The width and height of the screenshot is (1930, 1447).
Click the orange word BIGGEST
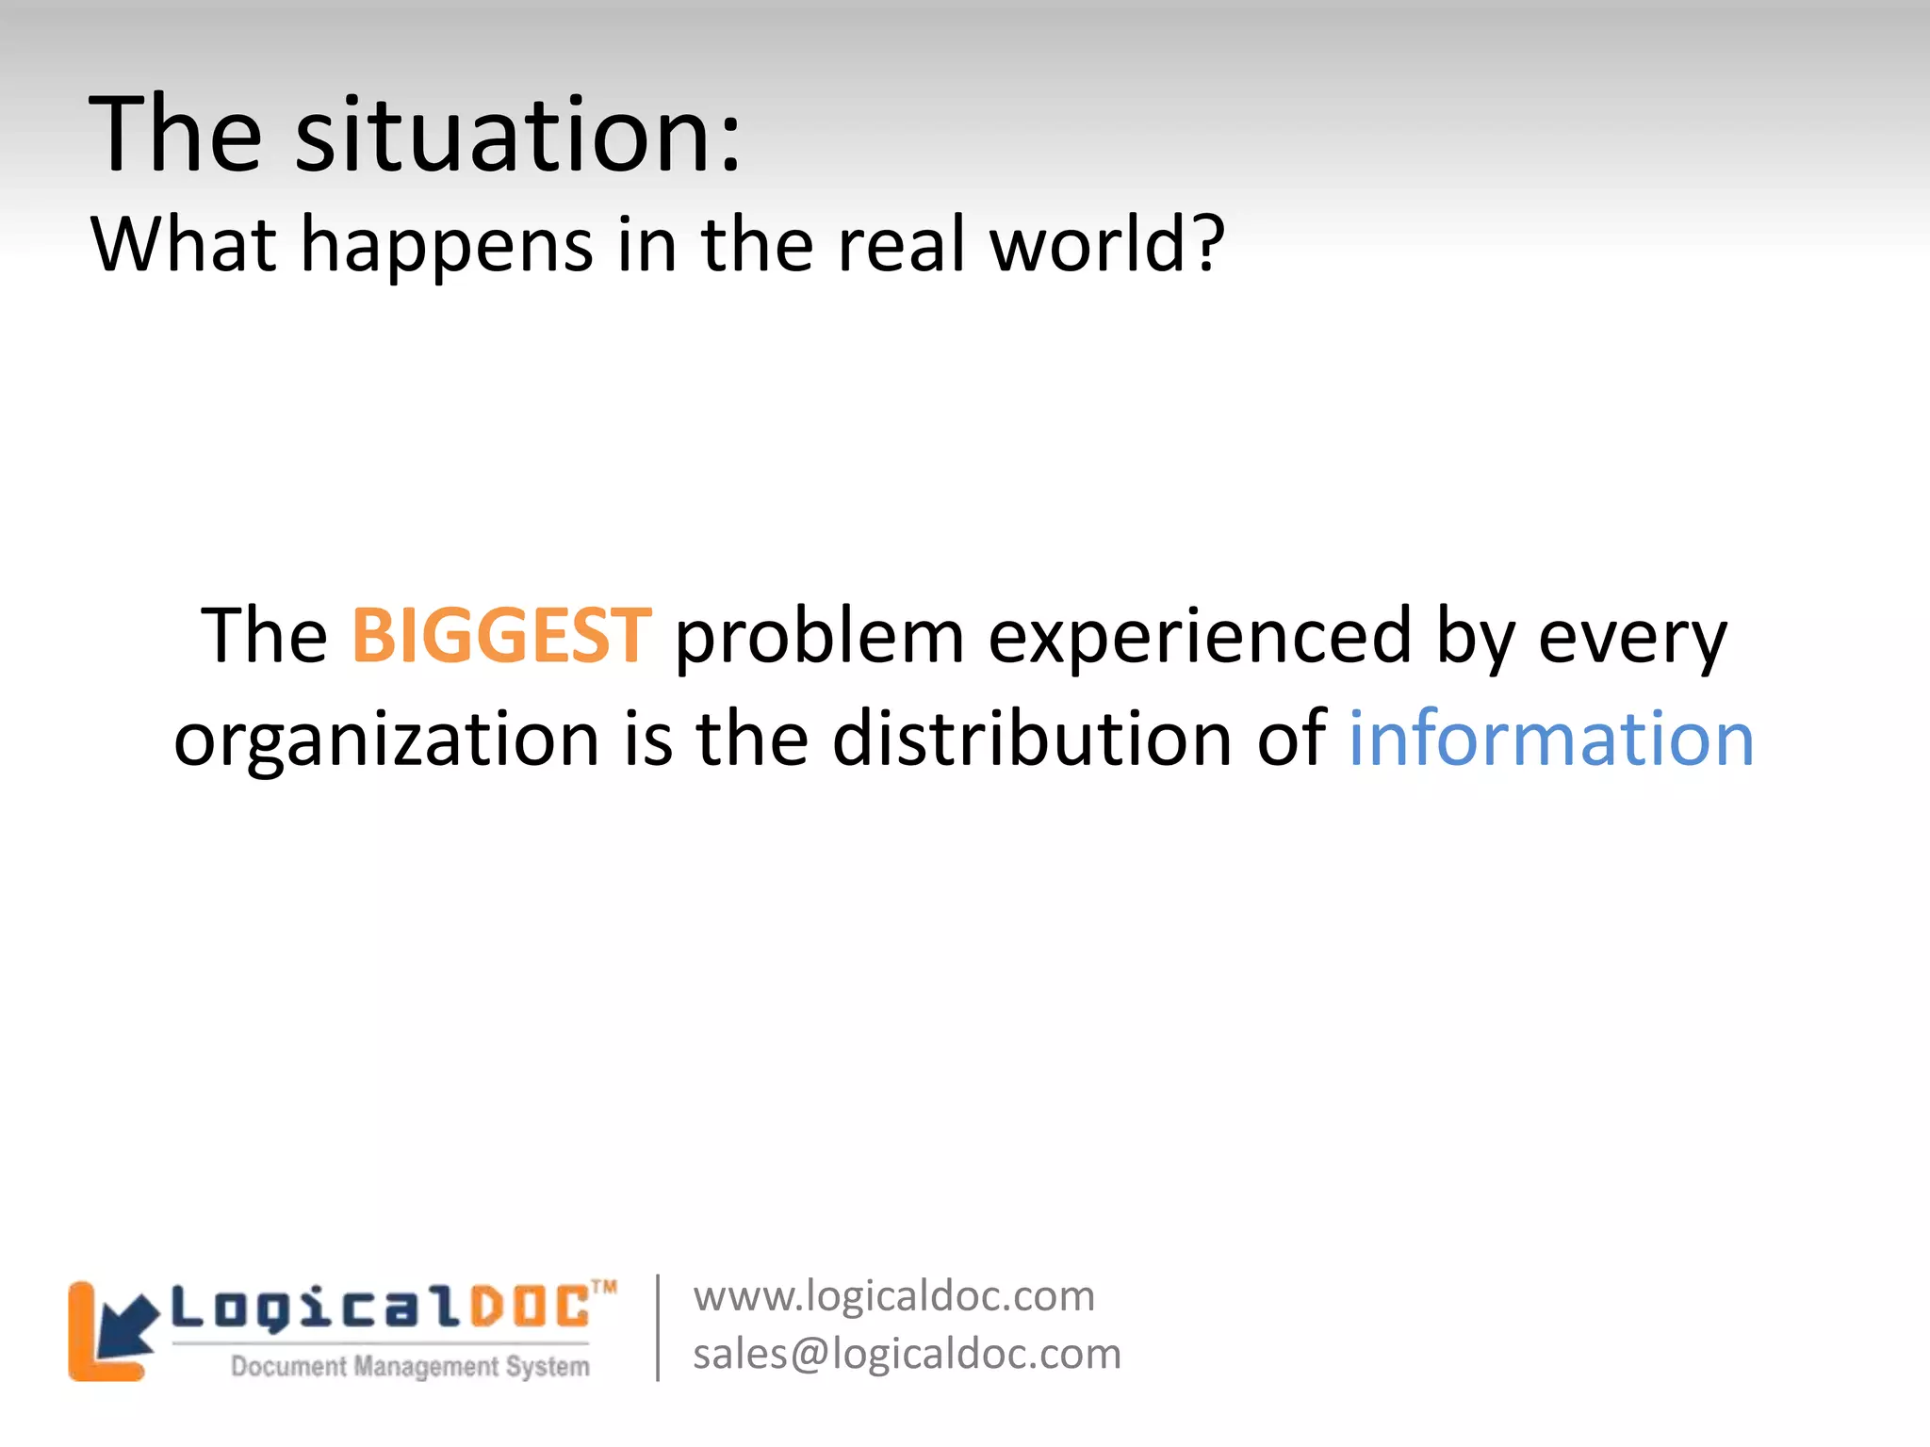tap(500, 636)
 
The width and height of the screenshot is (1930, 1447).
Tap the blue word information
tap(1551, 739)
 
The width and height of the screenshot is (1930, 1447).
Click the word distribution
tap(1033, 739)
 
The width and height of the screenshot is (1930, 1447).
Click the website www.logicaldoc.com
tap(893, 1296)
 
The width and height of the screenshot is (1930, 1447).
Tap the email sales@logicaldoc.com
tap(907, 1354)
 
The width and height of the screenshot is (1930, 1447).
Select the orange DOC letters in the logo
tap(529, 1309)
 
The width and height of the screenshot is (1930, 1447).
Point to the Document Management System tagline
tap(410, 1366)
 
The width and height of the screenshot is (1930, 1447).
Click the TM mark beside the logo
tap(604, 1287)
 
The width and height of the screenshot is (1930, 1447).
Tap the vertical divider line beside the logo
tap(658, 1327)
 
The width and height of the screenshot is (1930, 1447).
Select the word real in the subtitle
tap(903, 244)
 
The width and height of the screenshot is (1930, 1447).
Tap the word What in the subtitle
tap(184, 244)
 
